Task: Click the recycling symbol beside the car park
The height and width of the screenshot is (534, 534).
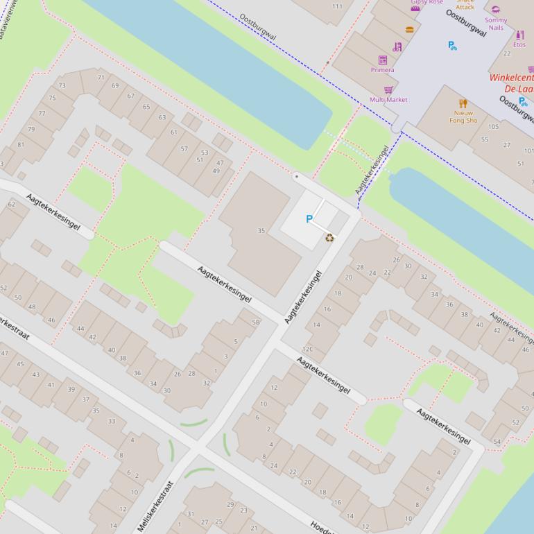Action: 329,237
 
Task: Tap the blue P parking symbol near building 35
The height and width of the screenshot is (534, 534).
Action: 309,219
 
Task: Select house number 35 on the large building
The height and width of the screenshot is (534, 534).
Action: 261,231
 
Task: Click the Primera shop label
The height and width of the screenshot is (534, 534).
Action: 382,70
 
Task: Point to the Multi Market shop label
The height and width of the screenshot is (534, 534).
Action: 388,100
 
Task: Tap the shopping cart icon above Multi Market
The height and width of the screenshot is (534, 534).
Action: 388,90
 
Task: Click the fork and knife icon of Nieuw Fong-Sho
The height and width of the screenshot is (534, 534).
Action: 463,103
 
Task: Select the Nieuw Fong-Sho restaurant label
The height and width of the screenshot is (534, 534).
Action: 463,117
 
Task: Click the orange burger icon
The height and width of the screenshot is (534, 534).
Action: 409,30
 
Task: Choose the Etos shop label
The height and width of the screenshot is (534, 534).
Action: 519,44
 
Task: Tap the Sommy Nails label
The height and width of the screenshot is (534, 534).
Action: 495,24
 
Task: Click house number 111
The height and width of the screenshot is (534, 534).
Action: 337,7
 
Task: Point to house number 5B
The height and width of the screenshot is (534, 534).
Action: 255,322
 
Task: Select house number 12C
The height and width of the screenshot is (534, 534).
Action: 307,350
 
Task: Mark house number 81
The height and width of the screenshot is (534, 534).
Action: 21,145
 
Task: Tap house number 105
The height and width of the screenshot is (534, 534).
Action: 493,127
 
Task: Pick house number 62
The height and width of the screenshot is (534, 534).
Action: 11,205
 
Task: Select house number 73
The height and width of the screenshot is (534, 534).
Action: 62,86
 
